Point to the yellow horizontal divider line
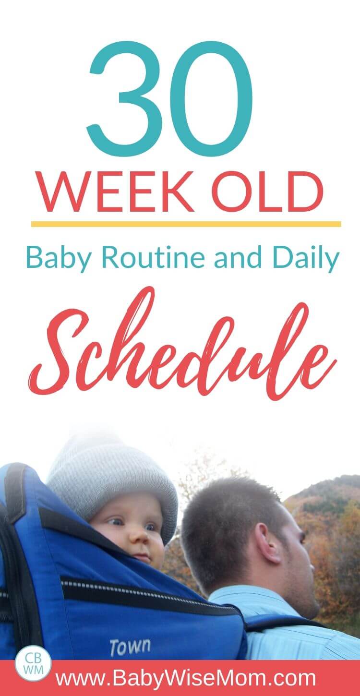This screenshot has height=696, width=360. (x=186, y=224)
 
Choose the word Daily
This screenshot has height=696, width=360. (x=305, y=259)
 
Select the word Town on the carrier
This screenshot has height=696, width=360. (x=130, y=646)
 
